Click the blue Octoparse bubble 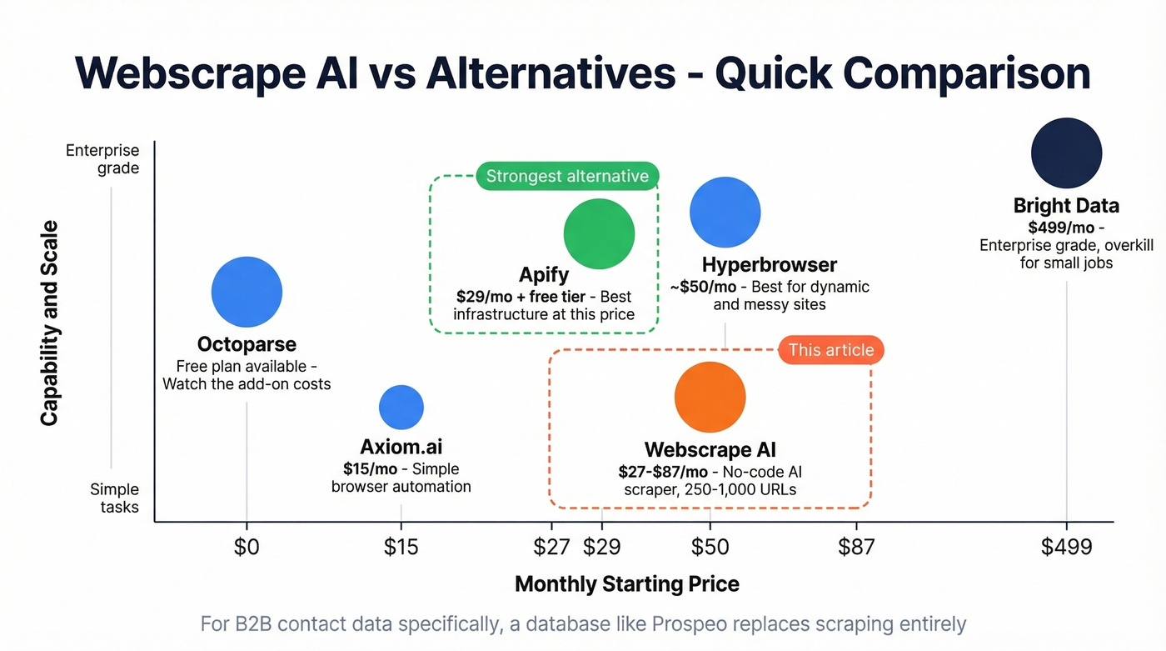pos(247,292)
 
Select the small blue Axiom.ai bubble pos(401,407)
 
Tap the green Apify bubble pos(599,234)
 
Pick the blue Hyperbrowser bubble pos(725,212)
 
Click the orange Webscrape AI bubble pos(710,397)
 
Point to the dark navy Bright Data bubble pos(1066,153)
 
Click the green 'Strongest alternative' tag pos(567,176)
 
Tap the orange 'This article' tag pos(830,350)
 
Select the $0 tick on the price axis pos(247,547)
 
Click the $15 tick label pos(401,547)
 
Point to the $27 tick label pos(552,547)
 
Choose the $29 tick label pos(601,547)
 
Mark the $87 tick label pos(856,547)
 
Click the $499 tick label pos(1066,547)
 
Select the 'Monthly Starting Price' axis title pos(627,583)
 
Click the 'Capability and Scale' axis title pos(49,323)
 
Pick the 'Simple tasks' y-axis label pos(115,498)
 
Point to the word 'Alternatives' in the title pos(551,73)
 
